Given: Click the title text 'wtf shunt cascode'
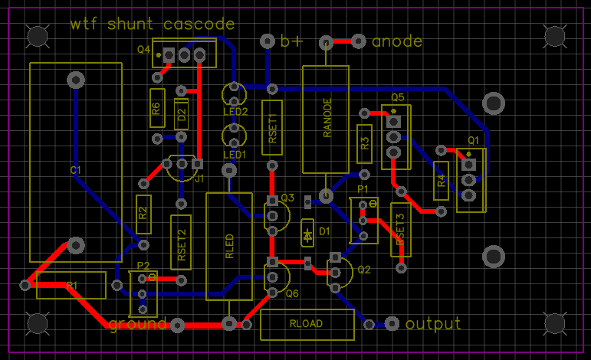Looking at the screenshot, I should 152,24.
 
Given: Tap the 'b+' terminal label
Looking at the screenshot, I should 291,41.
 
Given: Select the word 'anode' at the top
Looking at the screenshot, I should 396,41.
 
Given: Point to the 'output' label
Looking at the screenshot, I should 433,323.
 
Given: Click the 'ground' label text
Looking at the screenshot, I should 138,324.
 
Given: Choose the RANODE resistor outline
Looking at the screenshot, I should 326,119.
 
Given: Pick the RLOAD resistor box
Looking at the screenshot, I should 307,324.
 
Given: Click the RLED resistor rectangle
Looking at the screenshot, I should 229,246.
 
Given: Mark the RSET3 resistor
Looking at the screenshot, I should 400,229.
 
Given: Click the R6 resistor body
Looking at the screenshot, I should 156,108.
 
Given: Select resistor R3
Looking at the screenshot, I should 365,143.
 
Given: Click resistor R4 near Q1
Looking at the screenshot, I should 441,182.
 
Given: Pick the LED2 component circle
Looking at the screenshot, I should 234,94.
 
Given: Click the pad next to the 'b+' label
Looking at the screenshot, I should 268,41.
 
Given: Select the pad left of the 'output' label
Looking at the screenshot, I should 392,324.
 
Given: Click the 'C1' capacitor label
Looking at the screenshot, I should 74,170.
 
